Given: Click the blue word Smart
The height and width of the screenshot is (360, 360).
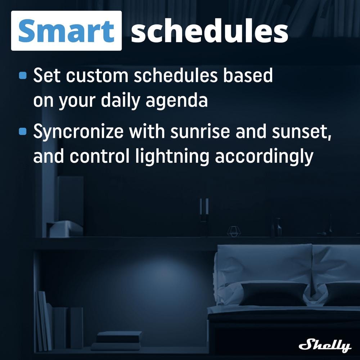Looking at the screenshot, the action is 66,31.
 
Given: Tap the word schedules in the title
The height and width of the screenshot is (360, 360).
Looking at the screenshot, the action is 210,31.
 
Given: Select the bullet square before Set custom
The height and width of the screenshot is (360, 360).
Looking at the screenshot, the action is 23,75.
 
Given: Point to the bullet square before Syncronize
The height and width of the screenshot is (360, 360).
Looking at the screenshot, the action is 23,131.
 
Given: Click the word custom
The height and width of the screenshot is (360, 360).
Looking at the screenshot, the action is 97,76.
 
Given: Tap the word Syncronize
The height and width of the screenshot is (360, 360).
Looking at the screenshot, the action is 78,132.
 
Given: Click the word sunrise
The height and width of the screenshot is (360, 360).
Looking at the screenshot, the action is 200,131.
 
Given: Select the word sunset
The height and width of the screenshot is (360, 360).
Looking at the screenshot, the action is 302,132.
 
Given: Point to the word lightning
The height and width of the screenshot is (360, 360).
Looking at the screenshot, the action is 172,157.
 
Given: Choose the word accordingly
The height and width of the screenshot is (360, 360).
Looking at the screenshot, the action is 264,157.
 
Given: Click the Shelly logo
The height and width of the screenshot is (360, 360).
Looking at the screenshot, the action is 325,345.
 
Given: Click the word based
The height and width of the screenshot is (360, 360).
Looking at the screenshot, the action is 248,75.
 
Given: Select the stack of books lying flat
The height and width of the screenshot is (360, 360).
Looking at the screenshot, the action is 117,341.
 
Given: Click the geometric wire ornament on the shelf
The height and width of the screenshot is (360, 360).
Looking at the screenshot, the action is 234,231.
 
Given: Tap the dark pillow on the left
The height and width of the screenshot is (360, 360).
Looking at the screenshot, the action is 273,294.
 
